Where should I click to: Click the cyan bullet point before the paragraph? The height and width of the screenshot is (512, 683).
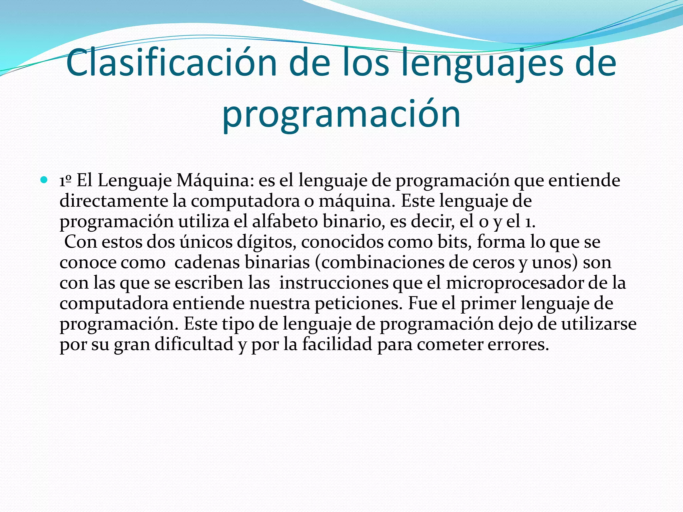[44, 180]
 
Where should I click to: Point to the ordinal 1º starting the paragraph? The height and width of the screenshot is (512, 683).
[65, 181]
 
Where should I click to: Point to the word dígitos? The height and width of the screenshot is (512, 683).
[266, 242]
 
